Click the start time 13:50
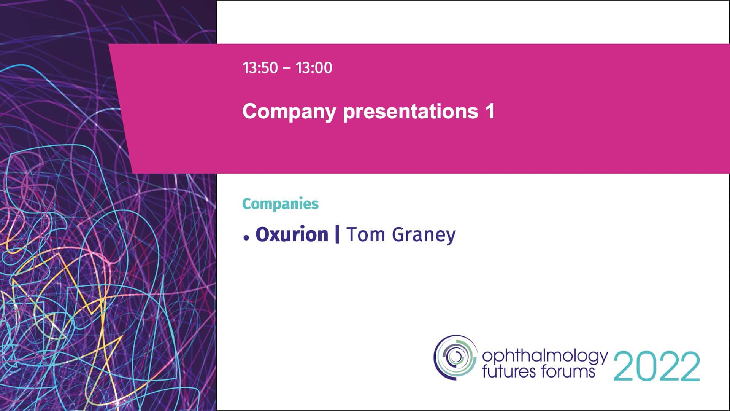(x=260, y=68)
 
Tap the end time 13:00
(x=314, y=68)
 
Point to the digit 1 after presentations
(x=490, y=111)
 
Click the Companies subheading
(x=280, y=204)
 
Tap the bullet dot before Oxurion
(x=246, y=238)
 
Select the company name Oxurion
(x=292, y=234)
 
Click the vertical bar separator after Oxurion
(x=337, y=234)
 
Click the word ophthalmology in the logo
(x=544, y=356)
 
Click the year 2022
(x=657, y=366)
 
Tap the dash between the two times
(x=287, y=68)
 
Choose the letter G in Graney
(x=398, y=234)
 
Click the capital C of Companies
(x=246, y=204)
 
